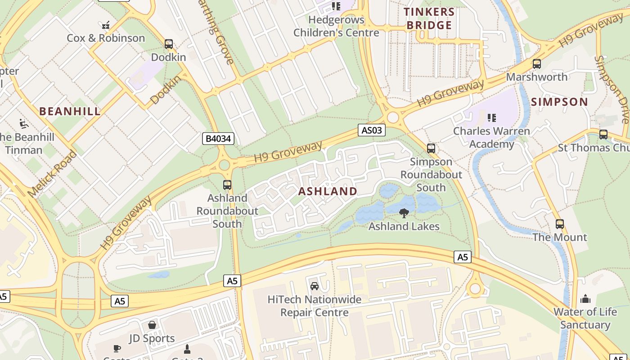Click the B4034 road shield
(x=218, y=139)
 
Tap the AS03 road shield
(x=372, y=130)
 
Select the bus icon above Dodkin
(x=169, y=44)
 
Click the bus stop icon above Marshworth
(x=536, y=64)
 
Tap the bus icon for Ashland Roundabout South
(x=227, y=185)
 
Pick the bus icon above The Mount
(x=560, y=224)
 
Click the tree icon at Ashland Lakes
(x=404, y=213)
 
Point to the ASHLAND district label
(x=328, y=191)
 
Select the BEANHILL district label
(x=70, y=111)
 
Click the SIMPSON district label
(x=559, y=102)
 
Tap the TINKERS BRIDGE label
(x=429, y=18)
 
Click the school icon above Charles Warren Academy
(x=491, y=118)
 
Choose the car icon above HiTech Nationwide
(x=315, y=286)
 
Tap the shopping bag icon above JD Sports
(x=152, y=325)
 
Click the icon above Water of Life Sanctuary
(x=585, y=298)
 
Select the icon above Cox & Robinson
(x=106, y=25)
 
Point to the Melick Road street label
(x=52, y=174)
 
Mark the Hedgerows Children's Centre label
(x=336, y=26)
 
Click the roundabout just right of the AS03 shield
(x=393, y=117)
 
